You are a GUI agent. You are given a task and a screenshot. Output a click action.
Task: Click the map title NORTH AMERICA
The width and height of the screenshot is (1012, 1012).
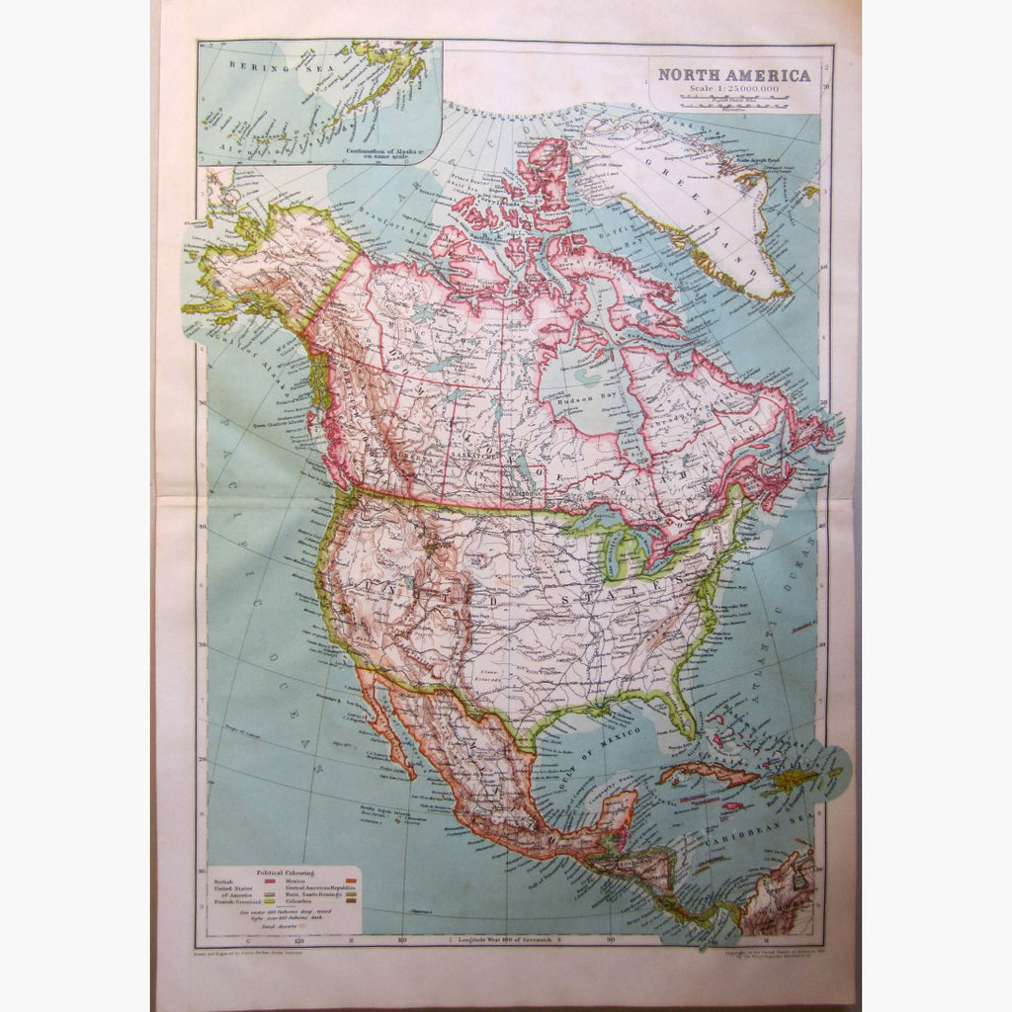[734, 74]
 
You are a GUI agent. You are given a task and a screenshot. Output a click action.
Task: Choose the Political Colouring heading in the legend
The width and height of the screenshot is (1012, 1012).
[285, 873]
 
